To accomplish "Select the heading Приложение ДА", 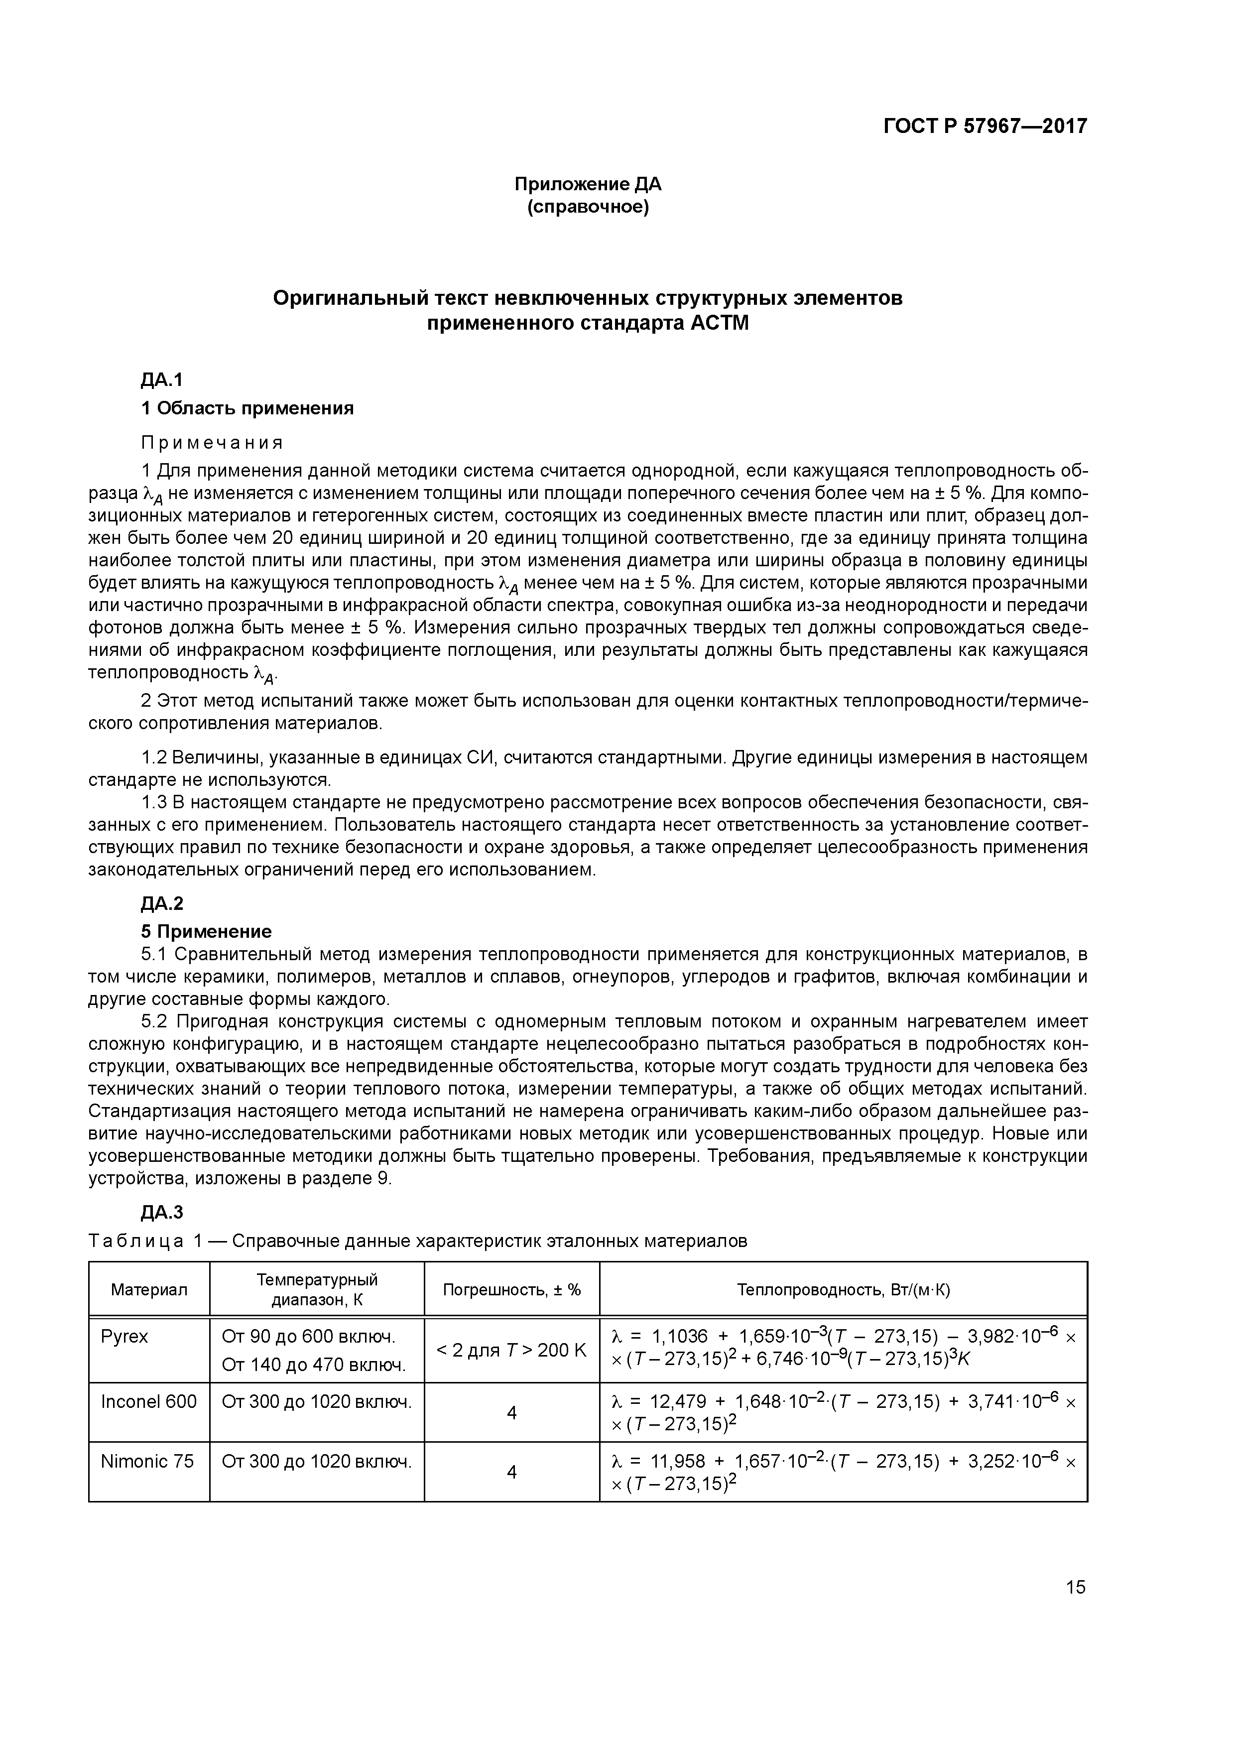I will [588, 184].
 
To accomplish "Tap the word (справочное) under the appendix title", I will [588, 207].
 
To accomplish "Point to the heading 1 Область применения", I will [247, 408].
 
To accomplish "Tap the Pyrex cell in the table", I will [125, 1337].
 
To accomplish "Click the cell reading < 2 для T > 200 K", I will [511, 1351].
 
